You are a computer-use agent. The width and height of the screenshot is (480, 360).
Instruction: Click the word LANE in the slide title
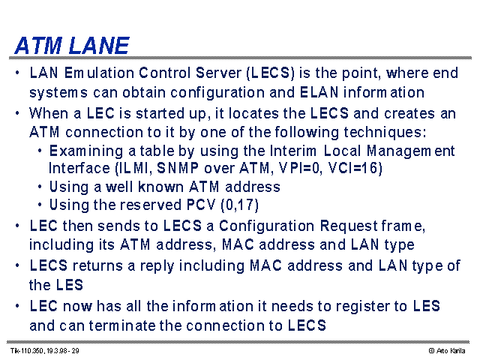tap(99, 46)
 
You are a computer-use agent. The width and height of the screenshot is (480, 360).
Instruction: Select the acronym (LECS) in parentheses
tap(271, 73)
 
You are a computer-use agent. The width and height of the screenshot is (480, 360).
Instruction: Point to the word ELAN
tap(319, 92)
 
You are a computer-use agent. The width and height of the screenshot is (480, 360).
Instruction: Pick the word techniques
tap(385, 133)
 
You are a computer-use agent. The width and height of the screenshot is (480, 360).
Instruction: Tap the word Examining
tap(86, 151)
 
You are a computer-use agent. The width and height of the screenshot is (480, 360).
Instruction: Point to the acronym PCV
tap(201, 205)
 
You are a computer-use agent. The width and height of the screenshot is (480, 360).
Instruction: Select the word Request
tap(348, 226)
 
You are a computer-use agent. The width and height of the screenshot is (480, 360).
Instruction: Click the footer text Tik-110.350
tap(28, 350)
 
